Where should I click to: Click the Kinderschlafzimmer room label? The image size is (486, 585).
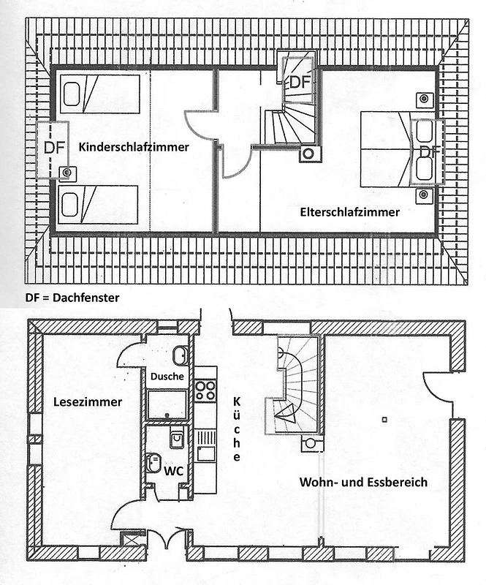pyautogui.click(x=134, y=147)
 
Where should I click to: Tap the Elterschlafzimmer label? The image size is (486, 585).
pyautogui.click(x=350, y=212)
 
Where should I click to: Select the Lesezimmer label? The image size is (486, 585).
pyautogui.click(x=88, y=401)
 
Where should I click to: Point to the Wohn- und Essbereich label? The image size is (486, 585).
pyautogui.click(x=363, y=482)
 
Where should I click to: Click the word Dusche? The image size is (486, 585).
pyautogui.click(x=167, y=377)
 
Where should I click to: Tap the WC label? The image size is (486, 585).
pyautogui.click(x=173, y=471)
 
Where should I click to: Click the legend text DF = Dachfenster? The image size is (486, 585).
pyautogui.click(x=72, y=298)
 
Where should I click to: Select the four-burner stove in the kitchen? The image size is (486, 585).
pyautogui.click(x=205, y=390)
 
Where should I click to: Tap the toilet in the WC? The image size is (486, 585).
pyautogui.click(x=153, y=462)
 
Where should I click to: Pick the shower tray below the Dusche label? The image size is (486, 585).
pyautogui.click(x=167, y=405)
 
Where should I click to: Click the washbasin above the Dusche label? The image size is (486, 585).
pyautogui.click(x=181, y=355)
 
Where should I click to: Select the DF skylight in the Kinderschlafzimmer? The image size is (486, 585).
pyautogui.click(x=53, y=150)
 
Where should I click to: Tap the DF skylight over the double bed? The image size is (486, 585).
pyautogui.click(x=428, y=151)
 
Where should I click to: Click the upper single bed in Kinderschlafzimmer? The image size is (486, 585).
pyautogui.click(x=99, y=94)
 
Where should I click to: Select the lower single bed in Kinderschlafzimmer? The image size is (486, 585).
pyautogui.click(x=98, y=205)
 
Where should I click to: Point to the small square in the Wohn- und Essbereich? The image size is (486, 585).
pyautogui.click(x=384, y=420)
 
